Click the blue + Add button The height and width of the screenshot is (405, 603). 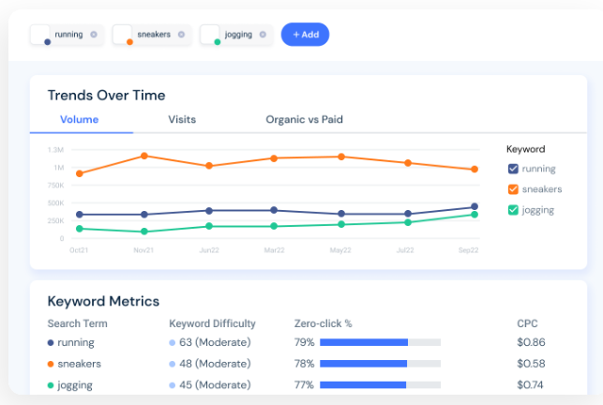click(305, 35)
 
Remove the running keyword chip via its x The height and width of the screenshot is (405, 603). click(93, 35)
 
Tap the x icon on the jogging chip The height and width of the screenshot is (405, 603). click(263, 35)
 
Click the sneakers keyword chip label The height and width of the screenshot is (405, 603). click(154, 35)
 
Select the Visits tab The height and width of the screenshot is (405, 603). click(182, 120)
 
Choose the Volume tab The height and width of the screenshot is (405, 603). click(79, 120)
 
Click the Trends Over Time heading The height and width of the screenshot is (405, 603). click(106, 95)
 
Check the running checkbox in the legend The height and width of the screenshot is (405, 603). click(513, 169)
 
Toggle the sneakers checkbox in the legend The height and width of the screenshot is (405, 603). click(513, 189)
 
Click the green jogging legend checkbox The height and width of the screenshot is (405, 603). click(513, 210)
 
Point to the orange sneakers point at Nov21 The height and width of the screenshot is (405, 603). click(143, 156)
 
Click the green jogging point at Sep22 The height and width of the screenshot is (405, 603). click(475, 215)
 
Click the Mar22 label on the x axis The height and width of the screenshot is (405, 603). click(274, 251)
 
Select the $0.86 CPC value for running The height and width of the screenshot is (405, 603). click(531, 342)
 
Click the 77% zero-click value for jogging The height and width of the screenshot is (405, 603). click(304, 384)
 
